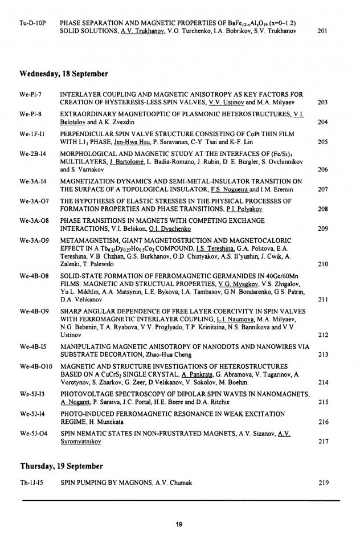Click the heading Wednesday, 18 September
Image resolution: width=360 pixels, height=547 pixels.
coord(63,74)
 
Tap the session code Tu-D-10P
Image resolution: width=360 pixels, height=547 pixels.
coord(32,23)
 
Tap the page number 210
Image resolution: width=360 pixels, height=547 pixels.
coord(322,264)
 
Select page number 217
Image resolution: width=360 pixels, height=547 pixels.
coord(322,440)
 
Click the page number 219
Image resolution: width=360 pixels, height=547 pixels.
coord(322,483)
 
